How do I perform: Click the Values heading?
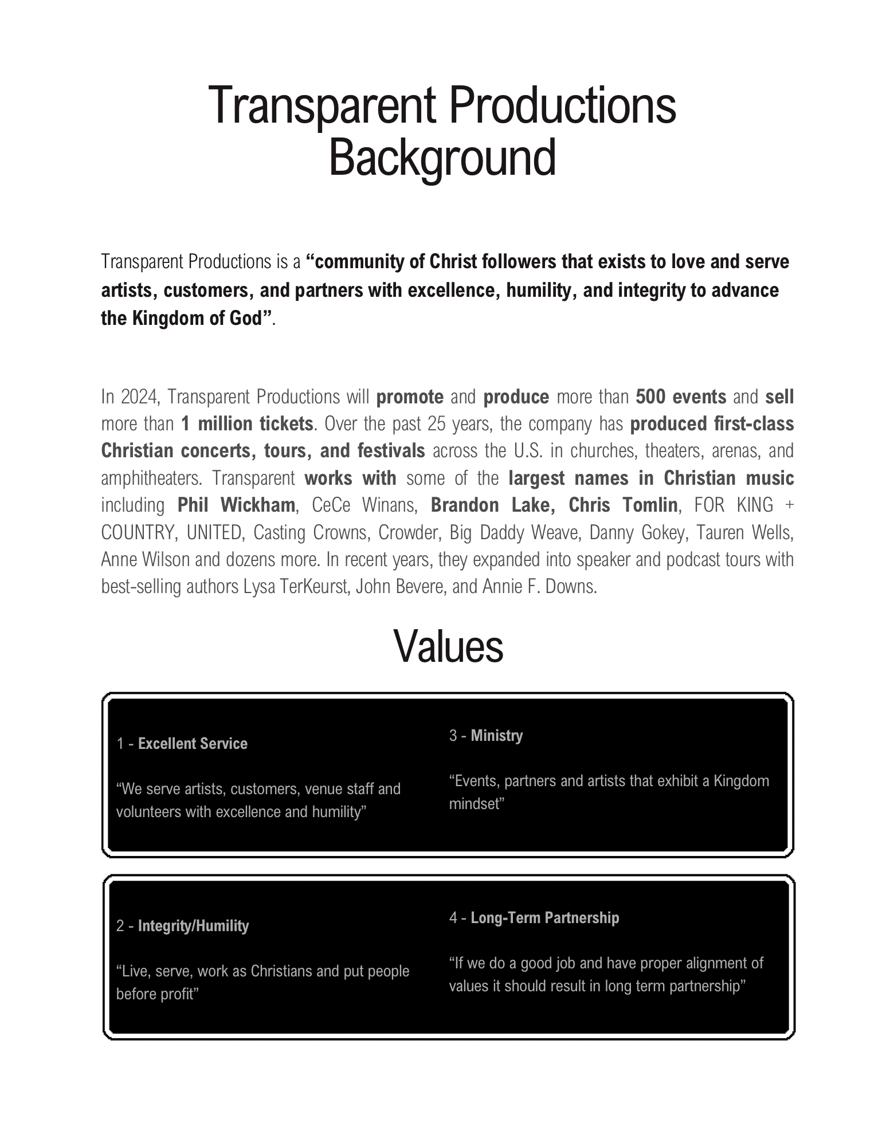(x=448, y=646)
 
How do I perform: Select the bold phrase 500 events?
(x=681, y=397)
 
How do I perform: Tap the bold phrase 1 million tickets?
(x=247, y=424)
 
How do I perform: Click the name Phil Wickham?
(x=236, y=505)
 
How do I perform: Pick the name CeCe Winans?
(x=363, y=505)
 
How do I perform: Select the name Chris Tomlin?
(x=623, y=505)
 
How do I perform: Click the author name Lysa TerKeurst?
(x=297, y=587)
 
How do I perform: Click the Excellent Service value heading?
(x=193, y=744)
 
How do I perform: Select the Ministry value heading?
(x=497, y=736)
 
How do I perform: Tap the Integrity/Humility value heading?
(x=193, y=926)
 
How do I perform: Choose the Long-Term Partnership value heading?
(x=544, y=918)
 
